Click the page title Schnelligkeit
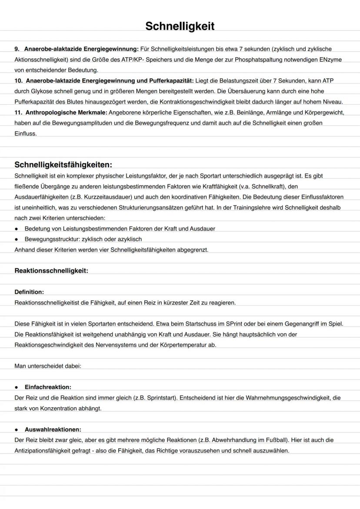click(x=180, y=26)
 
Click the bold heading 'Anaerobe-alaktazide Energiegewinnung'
click(x=81, y=49)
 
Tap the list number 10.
click(x=18, y=81)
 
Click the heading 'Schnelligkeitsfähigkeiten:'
click(x=63, y=165)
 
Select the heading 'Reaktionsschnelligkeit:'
click(x=51, y=271)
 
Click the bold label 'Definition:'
click(x=29, y=292)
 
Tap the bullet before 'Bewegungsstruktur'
click(x=17, y=239)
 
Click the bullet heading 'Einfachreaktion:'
click(x=48, y=387)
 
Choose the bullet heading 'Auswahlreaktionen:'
click(x=53, y=429)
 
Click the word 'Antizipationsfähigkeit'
click(x=43, y=451)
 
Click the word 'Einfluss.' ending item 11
click(x=26, y=134)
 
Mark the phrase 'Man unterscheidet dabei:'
click(x=48, y=366)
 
